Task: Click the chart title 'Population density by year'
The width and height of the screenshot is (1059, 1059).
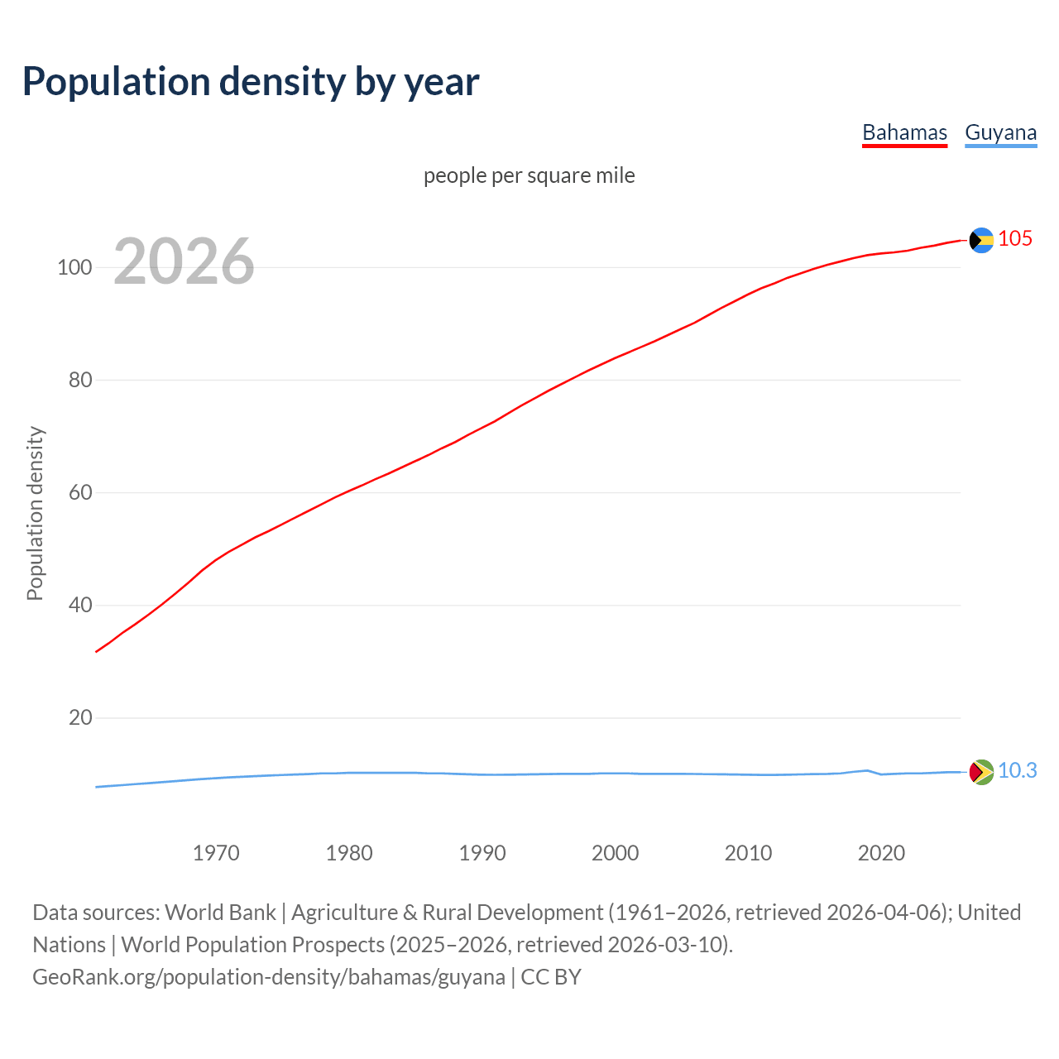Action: [251, 81]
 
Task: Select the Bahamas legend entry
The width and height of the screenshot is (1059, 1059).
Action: [904, 132]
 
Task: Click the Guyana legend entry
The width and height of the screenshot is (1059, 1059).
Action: [1000, 132]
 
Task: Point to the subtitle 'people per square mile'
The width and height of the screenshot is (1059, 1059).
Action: [529, 175]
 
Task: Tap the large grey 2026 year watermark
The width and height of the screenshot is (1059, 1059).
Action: [184, 261]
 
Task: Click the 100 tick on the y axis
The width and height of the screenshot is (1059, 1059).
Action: [74, 267]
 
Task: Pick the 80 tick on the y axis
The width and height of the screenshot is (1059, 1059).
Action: [79, 380]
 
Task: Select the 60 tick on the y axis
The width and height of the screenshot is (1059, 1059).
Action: [79, 492]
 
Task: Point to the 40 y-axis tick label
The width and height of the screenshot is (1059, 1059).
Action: [79, 605]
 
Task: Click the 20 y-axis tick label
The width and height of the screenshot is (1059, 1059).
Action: [79, 717]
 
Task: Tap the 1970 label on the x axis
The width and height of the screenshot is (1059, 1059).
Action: [216, 853]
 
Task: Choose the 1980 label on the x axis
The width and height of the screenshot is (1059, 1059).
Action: [349, 853]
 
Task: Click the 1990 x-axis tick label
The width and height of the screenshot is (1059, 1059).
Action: [482, 853]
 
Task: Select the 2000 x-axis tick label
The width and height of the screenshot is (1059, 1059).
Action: [616, 853]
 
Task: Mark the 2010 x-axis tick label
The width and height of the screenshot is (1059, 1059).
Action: [749, 853]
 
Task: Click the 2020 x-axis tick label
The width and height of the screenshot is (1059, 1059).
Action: [881, 853]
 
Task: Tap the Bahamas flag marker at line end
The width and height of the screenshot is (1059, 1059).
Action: [981, 240]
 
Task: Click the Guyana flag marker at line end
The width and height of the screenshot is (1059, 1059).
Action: [981, 772]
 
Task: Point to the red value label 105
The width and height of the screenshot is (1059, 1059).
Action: [1015, 239]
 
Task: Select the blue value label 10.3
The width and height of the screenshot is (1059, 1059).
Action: [1017, 771]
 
